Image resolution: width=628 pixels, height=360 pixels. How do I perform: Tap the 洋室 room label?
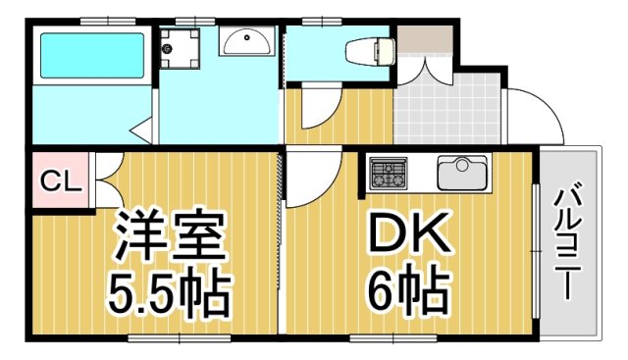[x=173, y=234]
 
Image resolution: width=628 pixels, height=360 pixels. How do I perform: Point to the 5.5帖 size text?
[x=168, y=290]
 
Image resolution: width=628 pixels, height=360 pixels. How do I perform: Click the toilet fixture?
[x=369, y=48]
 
